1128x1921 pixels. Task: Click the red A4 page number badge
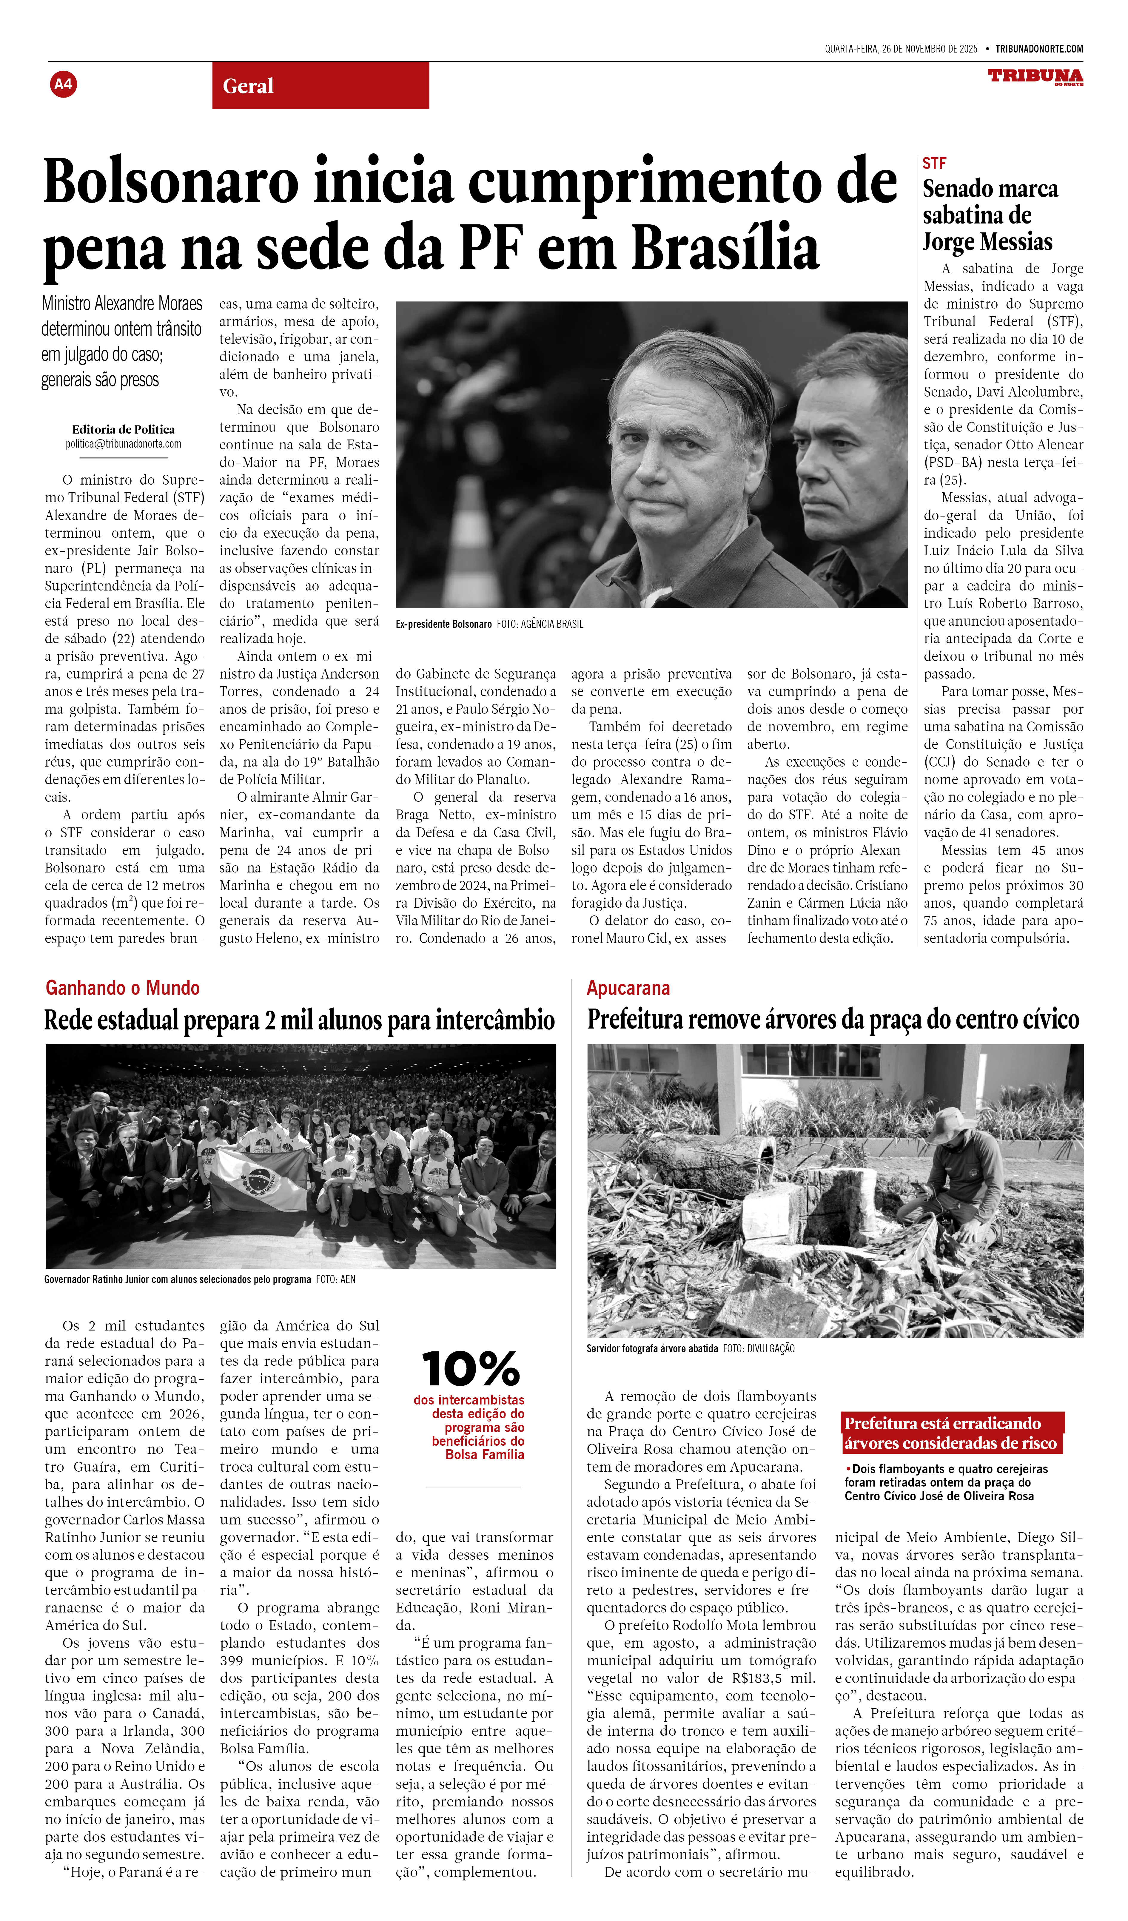pyautogui.click(x=63, y=84)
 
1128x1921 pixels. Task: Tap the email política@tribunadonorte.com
pyautogui.click(x=124, y=444)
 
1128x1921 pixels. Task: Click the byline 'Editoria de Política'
pyautogui.click(x=124, y=429)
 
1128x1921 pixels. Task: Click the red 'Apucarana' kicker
pyautogui.click(x=628, y=988)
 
